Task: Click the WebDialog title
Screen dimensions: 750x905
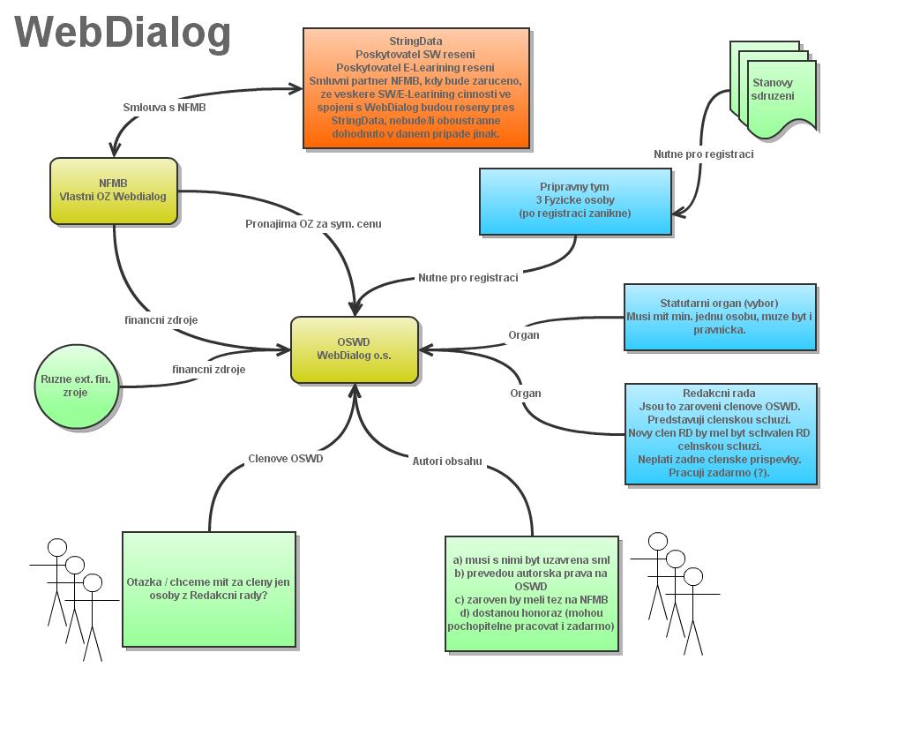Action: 123,32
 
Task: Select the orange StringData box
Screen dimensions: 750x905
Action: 416,88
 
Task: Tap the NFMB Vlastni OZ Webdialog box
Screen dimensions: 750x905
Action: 114,190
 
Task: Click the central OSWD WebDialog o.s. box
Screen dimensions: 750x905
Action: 355,349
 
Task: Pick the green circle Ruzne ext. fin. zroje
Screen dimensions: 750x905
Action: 76,386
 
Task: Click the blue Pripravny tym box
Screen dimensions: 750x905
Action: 575,201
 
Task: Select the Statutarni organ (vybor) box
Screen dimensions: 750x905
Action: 720,317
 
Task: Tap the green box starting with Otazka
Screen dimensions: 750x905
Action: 208,589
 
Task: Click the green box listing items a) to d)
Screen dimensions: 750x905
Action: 532,593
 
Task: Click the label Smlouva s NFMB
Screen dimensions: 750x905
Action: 165,108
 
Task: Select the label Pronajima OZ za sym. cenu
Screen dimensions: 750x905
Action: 313,224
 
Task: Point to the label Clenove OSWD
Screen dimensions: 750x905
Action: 285,459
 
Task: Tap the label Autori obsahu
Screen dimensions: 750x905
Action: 447,461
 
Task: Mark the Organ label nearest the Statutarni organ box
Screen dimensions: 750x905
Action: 524,335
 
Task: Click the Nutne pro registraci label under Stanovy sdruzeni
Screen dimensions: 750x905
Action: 703,154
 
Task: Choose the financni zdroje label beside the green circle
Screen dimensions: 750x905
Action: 209,370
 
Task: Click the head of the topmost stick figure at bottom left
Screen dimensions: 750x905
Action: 57,547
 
